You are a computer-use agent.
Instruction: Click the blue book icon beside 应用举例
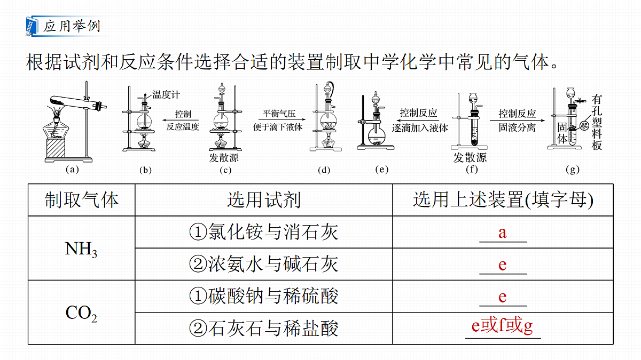click(32, 26)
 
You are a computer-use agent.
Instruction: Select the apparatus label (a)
click(72, 170)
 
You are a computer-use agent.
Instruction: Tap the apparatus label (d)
click(324, 170)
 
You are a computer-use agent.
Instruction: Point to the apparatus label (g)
click(573, 170)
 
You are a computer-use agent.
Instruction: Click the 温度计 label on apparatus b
click(166, 94)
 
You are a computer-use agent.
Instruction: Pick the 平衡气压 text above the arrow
click(279, 114)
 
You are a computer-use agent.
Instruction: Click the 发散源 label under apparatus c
click(224, 157)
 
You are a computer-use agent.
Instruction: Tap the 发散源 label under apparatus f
click(470, 157)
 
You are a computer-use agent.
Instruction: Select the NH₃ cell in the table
click(81, 249)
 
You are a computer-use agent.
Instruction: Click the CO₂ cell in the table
click(81, 313)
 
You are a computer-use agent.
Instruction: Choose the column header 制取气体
click(82, 199)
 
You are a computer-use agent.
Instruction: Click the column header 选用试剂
click(264, 199)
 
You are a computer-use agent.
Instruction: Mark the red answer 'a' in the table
click(503, 233)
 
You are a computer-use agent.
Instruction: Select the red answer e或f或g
click(502, 325)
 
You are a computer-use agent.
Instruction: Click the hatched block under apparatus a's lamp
click(56, 148)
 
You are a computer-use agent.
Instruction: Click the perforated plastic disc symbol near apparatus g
click(584, 125)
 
